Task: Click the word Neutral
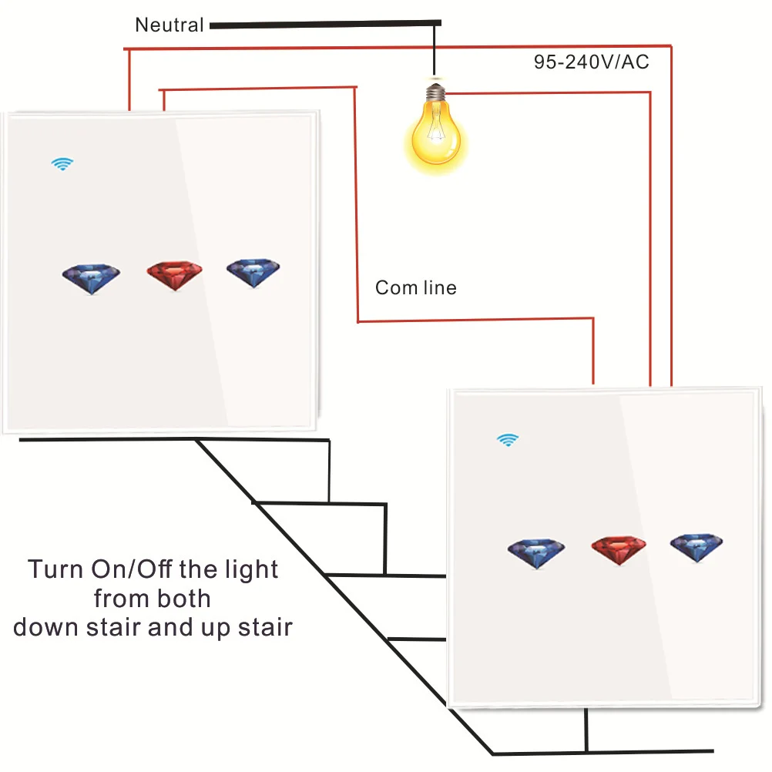[170, 25]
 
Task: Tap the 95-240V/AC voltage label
[592, 62]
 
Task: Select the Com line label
[415, 288]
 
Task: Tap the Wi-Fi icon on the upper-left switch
[62, 163]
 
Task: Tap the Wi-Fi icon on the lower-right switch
[507, 440]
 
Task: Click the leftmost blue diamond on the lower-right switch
[536, 552]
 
